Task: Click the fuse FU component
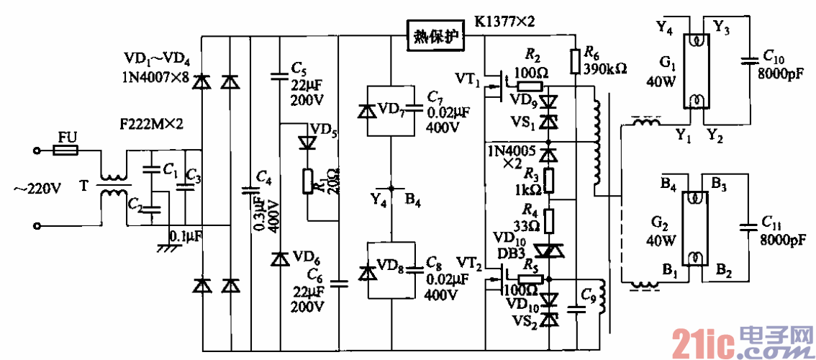coord(65,151)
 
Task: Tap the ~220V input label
coord(37,189)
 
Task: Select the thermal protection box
coord(435,36)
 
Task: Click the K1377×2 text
coord(504,22)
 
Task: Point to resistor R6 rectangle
coord(574,61)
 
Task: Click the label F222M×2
coord(152,125)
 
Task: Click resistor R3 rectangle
coord(549,181)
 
